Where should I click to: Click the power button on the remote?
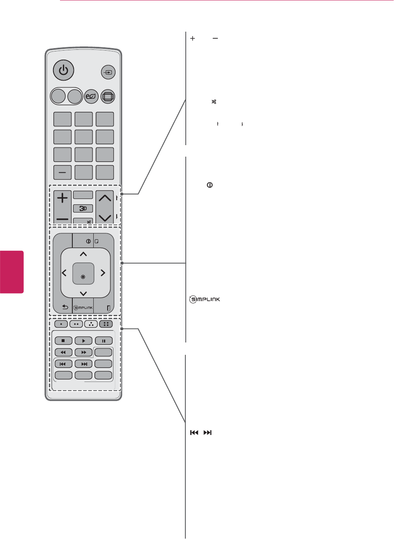coord(63,70)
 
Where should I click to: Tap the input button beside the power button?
coord(108,72)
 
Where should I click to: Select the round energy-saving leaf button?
coord(91,97)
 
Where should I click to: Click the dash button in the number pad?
coord(62,173)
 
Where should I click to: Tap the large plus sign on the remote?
coord(62,198)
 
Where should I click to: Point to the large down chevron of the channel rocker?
coord(105,217)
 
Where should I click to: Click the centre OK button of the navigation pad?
coord(83,273)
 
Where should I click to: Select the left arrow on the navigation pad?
coord(64,273)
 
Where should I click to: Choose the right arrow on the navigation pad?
coord(103,273)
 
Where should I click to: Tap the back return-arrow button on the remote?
coord(65,307)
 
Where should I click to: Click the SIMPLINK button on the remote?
coord(83,308)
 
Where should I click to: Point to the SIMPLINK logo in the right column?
coord(205,299)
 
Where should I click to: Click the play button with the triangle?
coord(83,341)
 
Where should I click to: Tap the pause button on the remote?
coord(104,341)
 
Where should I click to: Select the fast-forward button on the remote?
coord(83,352)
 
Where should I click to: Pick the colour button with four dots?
coord(106,324)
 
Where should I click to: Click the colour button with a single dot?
coord(61,324)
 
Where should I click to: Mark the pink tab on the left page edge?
coord(12,272)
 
